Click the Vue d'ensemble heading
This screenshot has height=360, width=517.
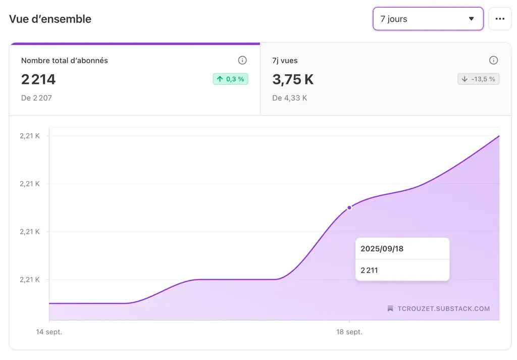point(50,19)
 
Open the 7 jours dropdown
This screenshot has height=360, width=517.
point(428,19)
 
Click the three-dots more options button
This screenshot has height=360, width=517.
point(500,19)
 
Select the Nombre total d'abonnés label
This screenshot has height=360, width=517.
point(65,61)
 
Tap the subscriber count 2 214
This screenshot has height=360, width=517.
point(38,79)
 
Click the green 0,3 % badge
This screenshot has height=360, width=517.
point(231,79)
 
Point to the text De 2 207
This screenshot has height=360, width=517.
point(36,98)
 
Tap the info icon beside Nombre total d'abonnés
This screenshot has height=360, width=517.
point(242,61)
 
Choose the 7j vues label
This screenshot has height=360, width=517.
point(285,61)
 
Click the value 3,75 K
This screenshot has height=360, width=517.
point(293,79)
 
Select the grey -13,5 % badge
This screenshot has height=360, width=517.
point(478,79)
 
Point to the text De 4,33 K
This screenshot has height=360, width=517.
point(289,98)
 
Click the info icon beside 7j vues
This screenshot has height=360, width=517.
point(494,61)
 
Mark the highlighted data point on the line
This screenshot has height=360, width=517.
point(349,208)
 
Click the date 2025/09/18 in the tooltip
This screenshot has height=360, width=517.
point(382,249)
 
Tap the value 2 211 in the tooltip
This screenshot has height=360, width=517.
point(369,270)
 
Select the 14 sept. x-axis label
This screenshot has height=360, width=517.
point(49,332)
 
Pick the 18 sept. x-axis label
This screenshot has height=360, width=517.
point(349,332)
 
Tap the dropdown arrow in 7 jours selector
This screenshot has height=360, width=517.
point(471,19)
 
